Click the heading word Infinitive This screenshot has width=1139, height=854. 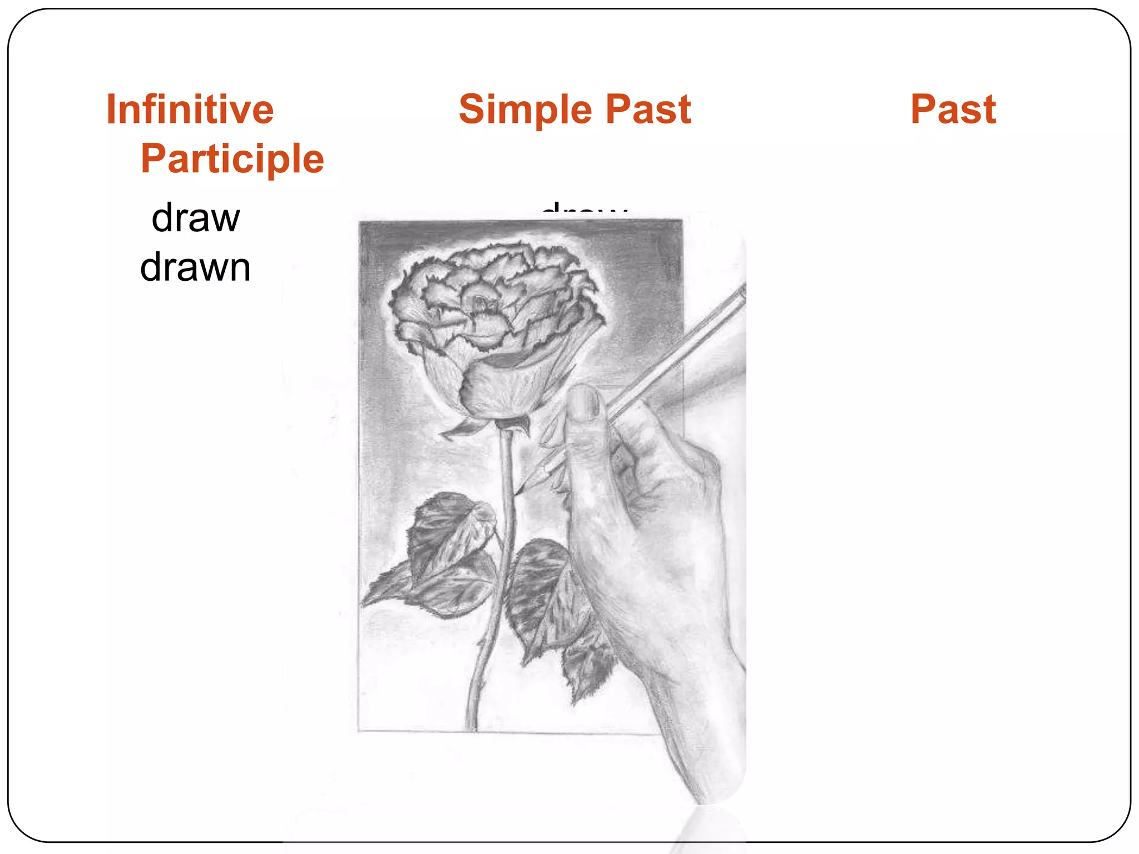point(190,109)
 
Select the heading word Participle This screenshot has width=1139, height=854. point(232,159)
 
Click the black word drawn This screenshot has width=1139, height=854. point(195,268)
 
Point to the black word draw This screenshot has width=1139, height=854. point(195,218)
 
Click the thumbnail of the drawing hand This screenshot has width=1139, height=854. point(584,403)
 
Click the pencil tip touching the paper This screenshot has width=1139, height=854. point(519,491)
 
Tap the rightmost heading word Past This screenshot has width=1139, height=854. point(953,109)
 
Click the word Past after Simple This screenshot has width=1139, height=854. point(648,109)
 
